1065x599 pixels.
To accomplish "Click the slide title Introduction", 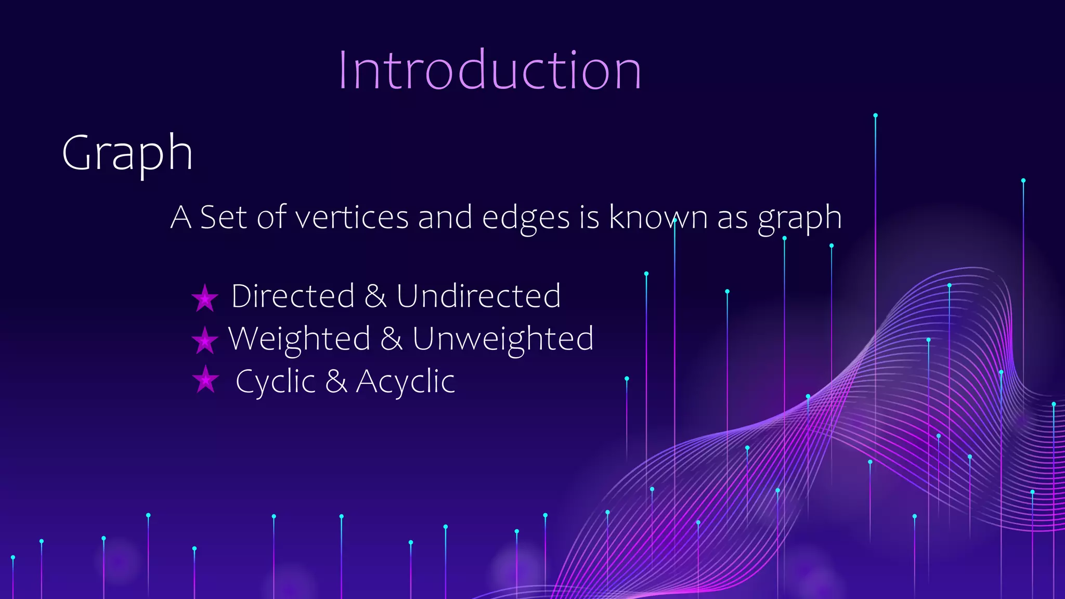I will [489, 70].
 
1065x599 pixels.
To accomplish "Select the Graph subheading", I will [127, 153].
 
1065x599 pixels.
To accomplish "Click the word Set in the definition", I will [223, 217].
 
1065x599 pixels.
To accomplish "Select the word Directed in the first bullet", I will [293, 296].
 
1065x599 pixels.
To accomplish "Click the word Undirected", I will [478, 296].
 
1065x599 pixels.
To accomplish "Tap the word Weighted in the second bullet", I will [300, 339].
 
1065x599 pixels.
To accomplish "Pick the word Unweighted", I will [503, 339].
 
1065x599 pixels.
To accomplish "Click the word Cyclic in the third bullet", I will [276, 382].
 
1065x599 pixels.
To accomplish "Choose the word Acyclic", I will [405, 382].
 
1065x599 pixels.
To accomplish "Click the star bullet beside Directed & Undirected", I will [205, 298].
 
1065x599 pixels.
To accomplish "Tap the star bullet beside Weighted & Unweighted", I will [205, 341].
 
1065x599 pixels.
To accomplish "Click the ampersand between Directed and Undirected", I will [375, 296].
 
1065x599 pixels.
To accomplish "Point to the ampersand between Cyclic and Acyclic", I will [336, 382].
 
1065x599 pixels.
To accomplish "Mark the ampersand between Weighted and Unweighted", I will [392, 339].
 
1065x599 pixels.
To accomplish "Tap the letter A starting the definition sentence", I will [180, 217].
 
